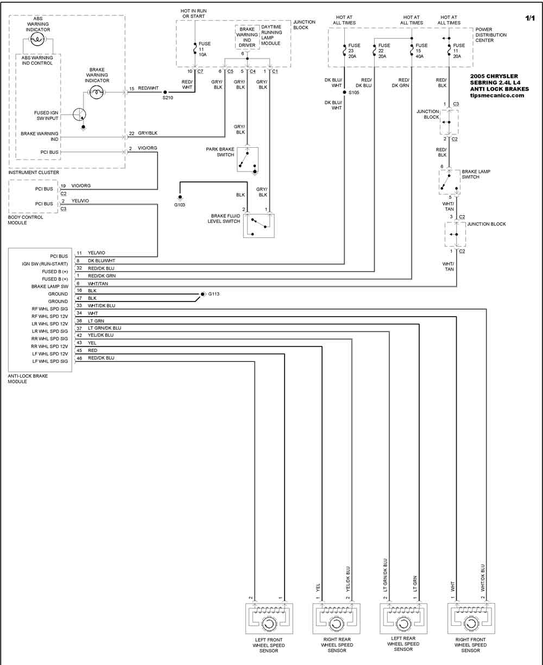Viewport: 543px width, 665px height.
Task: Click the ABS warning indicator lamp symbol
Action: point(37,40)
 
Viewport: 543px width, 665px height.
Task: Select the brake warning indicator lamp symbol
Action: point(97,92)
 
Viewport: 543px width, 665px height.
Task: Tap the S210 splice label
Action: point(168,98)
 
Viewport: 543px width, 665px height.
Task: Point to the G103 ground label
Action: point(180,205)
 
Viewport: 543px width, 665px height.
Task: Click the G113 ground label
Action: point(213,294)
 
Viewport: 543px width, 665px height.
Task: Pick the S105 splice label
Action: point(354,92)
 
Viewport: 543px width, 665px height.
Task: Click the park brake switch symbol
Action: point(248,160)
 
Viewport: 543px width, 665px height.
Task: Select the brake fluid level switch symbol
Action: point(258,226)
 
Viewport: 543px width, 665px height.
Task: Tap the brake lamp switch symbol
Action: point(450,182)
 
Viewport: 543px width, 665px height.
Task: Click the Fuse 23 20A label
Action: point(354,51)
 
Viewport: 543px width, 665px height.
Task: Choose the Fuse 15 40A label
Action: point(422,51)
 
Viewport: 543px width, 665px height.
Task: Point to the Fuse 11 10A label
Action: point(205,49)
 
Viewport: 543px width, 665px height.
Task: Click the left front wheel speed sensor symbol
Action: point(269,619)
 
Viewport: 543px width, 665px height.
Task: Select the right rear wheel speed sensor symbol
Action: point(336,619)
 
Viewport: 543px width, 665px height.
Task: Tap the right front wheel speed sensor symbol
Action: point(471,619)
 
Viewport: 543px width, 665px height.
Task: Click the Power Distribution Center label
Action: point(491,35)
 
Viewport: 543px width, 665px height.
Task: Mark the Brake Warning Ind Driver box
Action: point(247,37)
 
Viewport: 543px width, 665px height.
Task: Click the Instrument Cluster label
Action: point(34,172)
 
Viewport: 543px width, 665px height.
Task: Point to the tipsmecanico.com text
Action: point(497,96)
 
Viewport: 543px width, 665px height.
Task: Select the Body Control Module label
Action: point(25,220)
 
